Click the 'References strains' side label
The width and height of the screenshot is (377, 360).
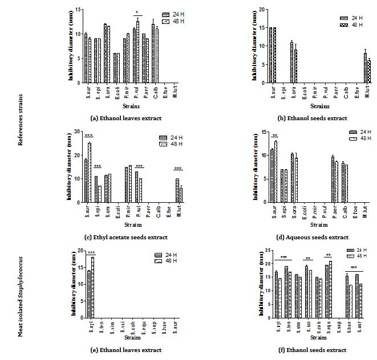point(21,120)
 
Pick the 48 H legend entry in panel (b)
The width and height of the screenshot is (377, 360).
point(352,25)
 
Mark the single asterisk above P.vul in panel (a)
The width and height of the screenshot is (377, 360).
point(137,12)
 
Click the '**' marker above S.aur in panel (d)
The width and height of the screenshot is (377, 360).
point(274,136)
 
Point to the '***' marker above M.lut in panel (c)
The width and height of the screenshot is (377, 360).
point(179,168)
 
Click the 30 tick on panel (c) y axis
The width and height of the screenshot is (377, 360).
point(78,132)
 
